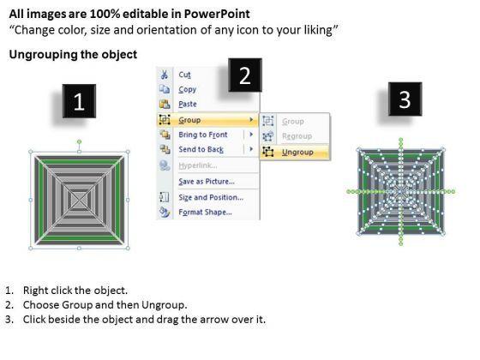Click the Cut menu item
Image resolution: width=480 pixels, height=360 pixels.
click(x=184, y=75)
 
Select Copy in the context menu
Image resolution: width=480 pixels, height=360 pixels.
click(x=188, y=89)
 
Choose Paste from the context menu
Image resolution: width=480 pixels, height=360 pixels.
click(x=188, y=104)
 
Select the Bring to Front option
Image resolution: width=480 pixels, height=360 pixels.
click(x=203, y=135)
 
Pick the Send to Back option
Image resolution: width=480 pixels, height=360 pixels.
click(x=201, y=149)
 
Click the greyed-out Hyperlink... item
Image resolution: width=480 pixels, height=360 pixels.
click(x=198, y=165)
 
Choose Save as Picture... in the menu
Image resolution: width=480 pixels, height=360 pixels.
click(x=207, y=182)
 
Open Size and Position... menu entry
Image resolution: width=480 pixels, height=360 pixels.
click(x=211, y=197)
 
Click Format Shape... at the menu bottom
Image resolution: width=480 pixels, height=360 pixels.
click(x=205, y=213)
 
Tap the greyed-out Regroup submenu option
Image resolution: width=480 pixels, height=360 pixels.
click(x=297, y=136)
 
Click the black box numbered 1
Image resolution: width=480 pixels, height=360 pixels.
click(x=79, y=101)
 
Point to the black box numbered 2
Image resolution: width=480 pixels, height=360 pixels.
click(x=245, y=75)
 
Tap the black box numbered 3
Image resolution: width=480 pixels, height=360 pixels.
click(x=405, y=99)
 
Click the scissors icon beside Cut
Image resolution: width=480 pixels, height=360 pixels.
click(x=165, y=75)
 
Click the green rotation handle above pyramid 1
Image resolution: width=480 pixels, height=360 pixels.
click(x=79, y=141)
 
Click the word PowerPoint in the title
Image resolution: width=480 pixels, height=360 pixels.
click(x=217, y=14)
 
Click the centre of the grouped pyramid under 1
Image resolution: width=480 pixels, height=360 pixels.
click(x=80, y=201)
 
